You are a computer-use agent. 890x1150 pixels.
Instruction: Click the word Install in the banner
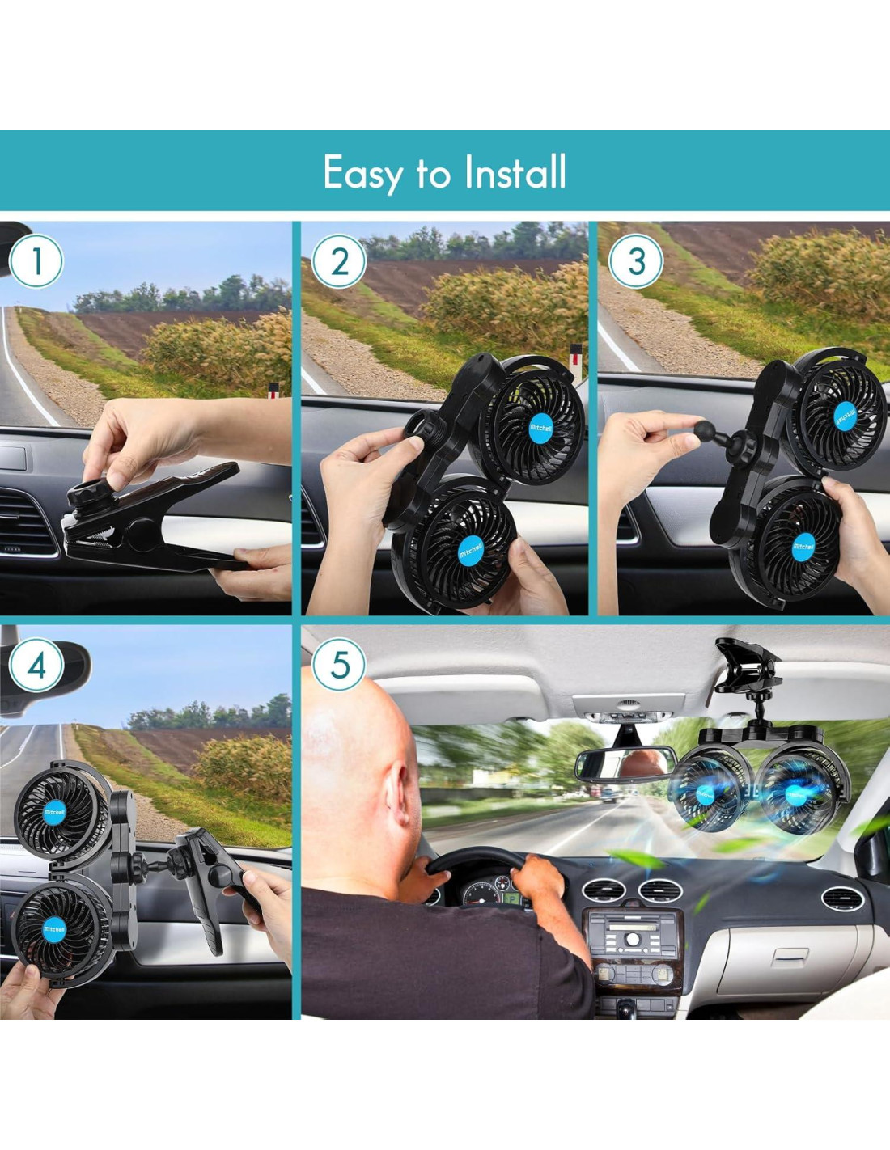[x=515, y=171]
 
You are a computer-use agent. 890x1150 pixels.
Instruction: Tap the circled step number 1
[x=36, y=261]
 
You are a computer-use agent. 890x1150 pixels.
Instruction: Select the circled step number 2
[x=339, y=261]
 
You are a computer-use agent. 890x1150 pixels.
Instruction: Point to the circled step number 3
[x=636, y=261]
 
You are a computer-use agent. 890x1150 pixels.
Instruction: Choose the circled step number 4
[x=36, y=666]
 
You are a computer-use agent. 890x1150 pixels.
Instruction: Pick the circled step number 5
[x=339, y=664]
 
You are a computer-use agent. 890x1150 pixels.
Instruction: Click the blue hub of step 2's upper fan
[x=541, y=428]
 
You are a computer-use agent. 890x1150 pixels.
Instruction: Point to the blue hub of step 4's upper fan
[x=54, y=812]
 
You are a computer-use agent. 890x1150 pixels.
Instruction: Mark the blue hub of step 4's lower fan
[x=54, y=929]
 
